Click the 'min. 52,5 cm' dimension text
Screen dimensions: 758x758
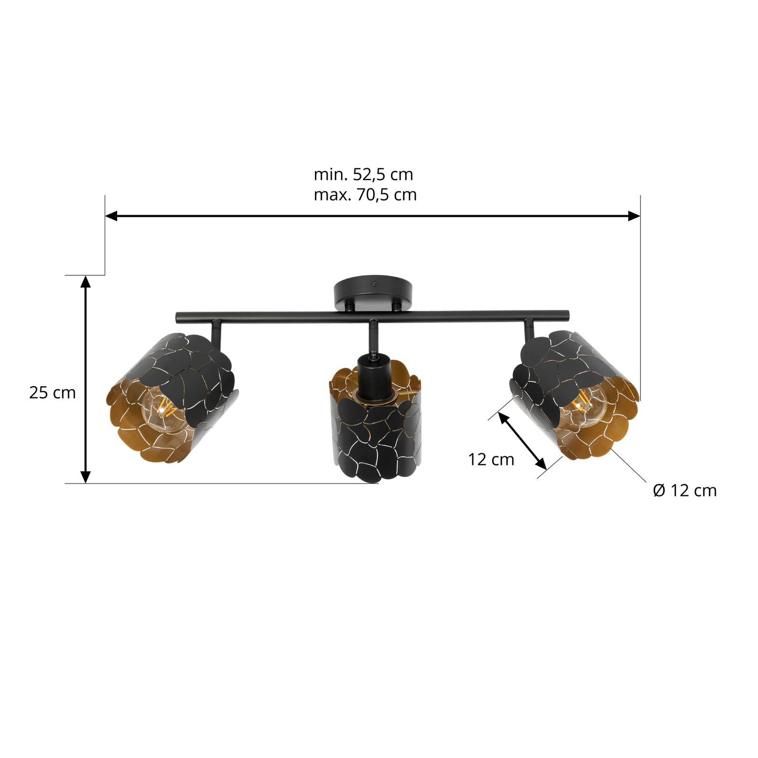pos(363,174)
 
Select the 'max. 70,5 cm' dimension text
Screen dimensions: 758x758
pos(365,195)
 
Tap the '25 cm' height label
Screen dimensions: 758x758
pos(52,392)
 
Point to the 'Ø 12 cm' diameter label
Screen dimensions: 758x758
pos(685,490)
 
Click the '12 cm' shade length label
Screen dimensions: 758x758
pos(491,459)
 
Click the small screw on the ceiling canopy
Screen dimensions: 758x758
pos(375,283)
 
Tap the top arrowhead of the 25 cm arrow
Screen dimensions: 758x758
pos(85,282)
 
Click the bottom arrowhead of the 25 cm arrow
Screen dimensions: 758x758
pos(85,477)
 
